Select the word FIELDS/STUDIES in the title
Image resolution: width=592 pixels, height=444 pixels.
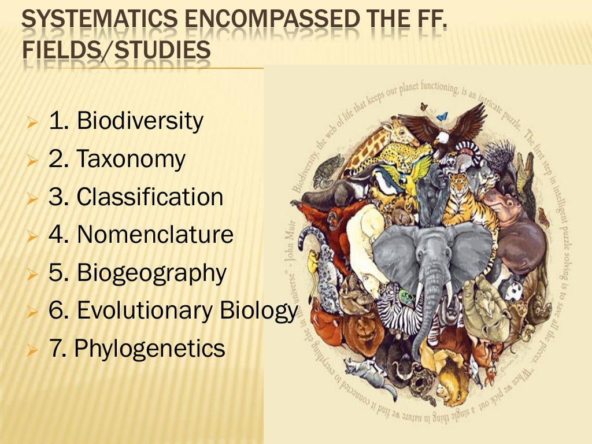point(116,50)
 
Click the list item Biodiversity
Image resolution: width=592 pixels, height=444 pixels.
point(140,121)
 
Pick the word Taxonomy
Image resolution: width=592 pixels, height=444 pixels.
point(131,159)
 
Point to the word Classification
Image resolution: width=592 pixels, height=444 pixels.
point(150,197)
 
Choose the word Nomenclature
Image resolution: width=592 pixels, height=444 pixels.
point(155,234)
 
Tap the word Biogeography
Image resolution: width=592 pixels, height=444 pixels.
point(151,273)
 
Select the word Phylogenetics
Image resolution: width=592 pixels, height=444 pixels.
point(150,349)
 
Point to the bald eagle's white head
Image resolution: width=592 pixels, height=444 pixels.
point(442,138)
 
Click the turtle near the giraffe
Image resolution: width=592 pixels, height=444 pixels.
point(328,167)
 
